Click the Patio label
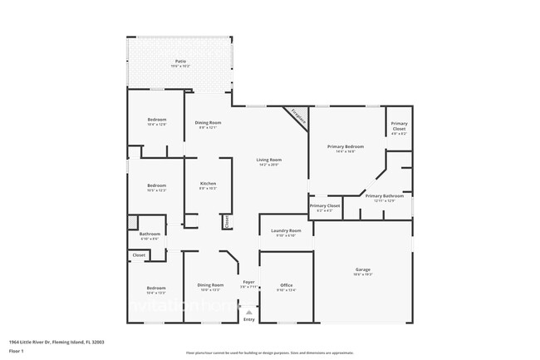180,62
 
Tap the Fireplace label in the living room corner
297,118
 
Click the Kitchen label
208,183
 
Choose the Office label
286,285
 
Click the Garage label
363,270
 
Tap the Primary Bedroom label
346,146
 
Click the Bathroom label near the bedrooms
150,234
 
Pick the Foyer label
248,283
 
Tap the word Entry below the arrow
248,319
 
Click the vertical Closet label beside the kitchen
225,221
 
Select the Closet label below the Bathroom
139,255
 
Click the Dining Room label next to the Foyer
210,285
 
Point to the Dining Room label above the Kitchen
208,123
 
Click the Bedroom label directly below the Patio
156,120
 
